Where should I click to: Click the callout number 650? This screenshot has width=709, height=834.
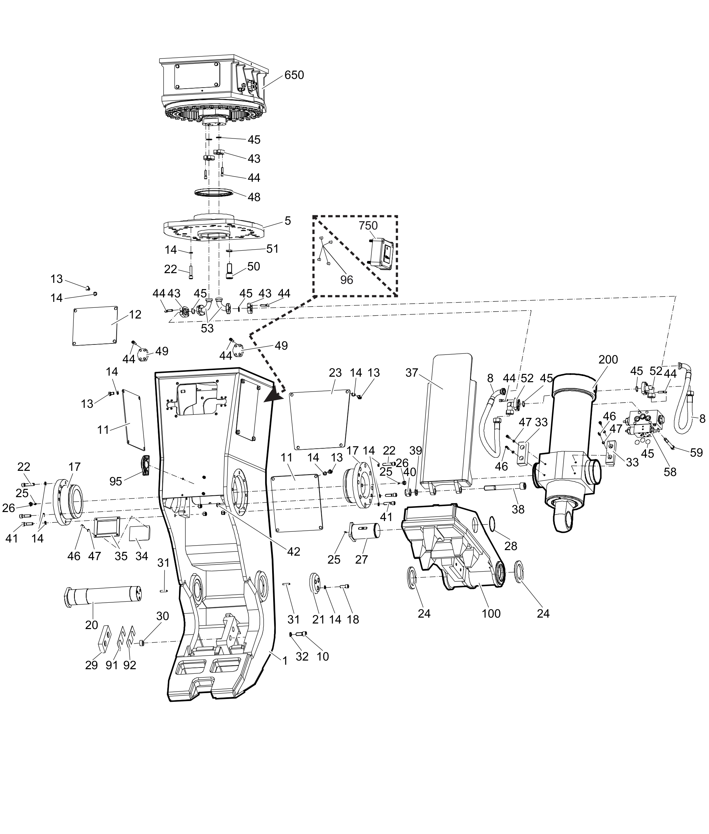pyautogui.click(x=294, y=75)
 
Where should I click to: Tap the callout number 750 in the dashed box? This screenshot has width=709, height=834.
pyautogui.click(x=368, y=225)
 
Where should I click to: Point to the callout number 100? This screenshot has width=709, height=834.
pyautogui.click(x=491, y=613)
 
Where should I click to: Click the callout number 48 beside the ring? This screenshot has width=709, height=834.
pyautogui.click(x=254, y=197)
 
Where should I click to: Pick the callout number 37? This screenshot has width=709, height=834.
pyautogui.click(x=412, y=373)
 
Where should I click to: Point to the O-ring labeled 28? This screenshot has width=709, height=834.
pyautogui.click(x=492, y=524)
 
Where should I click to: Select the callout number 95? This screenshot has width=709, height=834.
pyautogui.click(x=116, y=481)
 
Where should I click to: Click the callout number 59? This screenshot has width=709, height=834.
pyautogui.click(x=696, y=452)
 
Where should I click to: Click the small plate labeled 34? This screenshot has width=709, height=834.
pyautogui.click(x=140, y=533)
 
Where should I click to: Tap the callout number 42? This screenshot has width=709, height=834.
pyautogui.click(x=294, y=551)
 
